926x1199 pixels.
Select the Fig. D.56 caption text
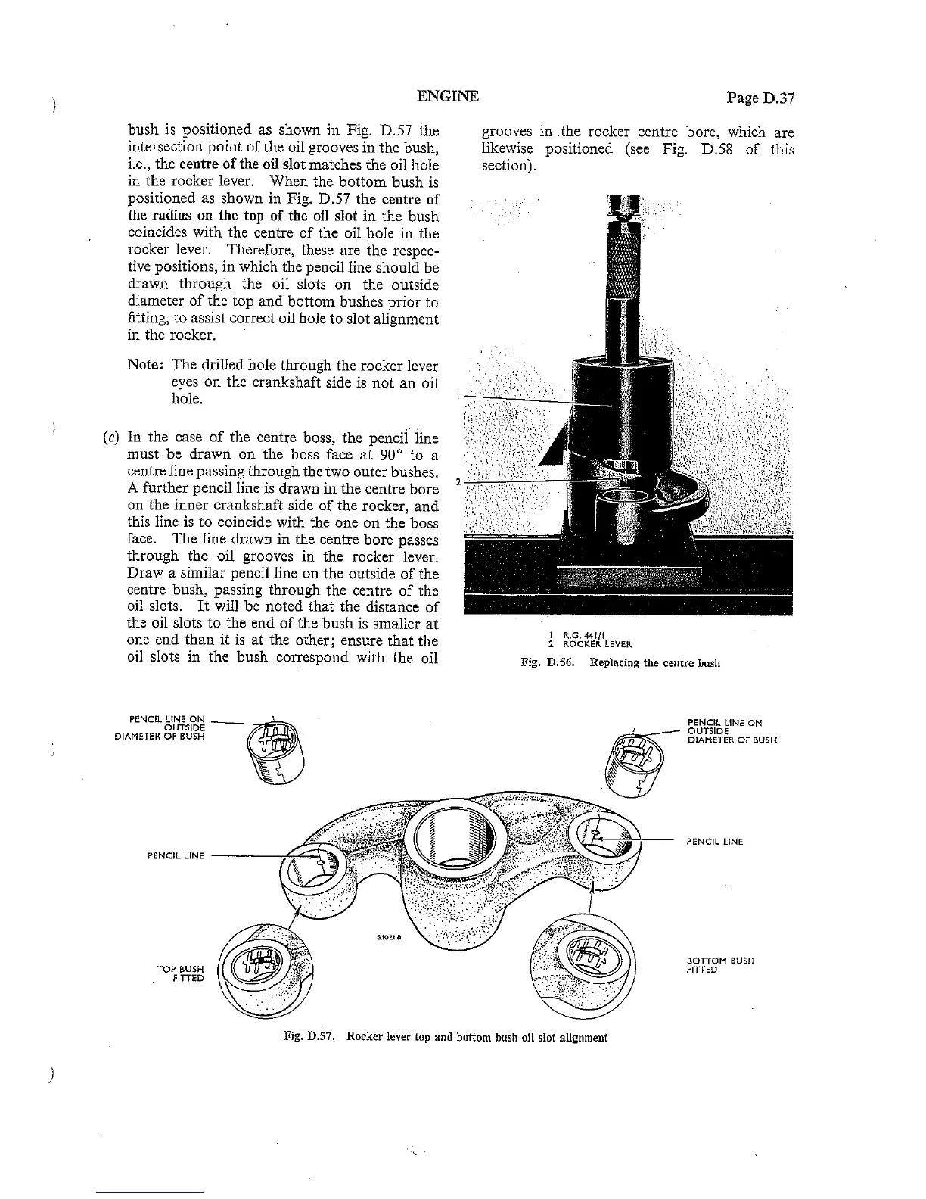(620, 663)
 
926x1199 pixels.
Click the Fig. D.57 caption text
(445, 1037)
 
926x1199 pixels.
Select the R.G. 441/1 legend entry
(578, 637)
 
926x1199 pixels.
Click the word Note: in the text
(144, 365)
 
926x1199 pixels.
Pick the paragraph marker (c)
(112, 438)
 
